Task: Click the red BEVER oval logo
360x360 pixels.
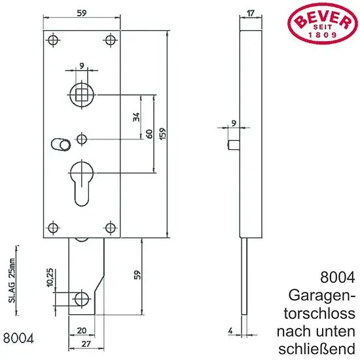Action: [x=322, y=24]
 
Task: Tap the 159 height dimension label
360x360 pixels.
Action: [x=162, y=134]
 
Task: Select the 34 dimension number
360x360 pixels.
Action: [x=136, y=117]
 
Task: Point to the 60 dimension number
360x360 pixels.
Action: [x=149, y=134]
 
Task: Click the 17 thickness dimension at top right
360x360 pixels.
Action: [x=251, y=13]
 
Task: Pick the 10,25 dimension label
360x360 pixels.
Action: [x=50, y=277]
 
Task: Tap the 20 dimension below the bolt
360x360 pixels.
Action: [x=82, y=331]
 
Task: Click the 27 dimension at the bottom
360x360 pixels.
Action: [x=86, y=344]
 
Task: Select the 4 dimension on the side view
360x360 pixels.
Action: [x=230, y=331]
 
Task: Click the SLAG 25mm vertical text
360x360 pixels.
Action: [x=12, y=281]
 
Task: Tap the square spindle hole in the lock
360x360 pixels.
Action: [x=82, y=95]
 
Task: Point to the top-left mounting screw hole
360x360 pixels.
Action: [x=53, y=40]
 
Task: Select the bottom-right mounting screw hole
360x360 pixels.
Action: [x=111, y=228]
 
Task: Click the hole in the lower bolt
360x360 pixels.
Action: [x=82, y=299]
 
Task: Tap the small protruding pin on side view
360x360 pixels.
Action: [x=234, y=145]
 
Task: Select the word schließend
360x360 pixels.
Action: [x=317, y=349]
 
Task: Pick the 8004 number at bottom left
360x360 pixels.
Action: [x=18, y=338]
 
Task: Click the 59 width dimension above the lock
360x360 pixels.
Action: [x=82, y=13]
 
